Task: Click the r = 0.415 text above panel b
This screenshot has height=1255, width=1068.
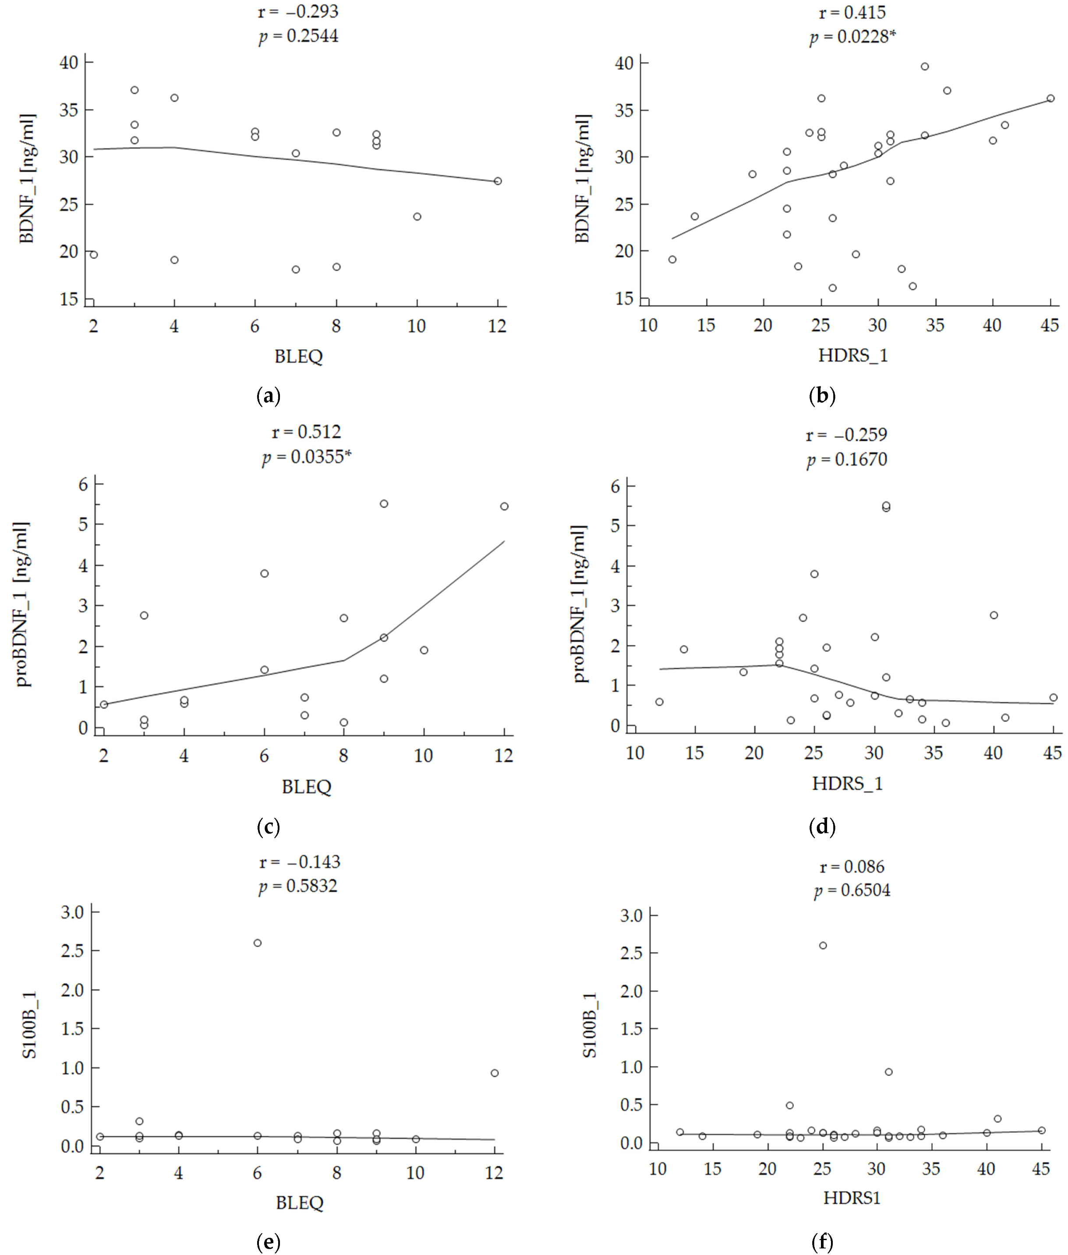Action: tap(852, 12)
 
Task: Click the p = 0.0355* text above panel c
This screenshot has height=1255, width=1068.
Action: tap(306, 457)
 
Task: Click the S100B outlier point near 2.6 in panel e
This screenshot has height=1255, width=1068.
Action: tap(257, 943)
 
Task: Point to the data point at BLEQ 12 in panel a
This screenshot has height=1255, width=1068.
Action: tap(498, 181)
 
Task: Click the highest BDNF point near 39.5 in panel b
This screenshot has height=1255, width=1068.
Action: tap(924, 67)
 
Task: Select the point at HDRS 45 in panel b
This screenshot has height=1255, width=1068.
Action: tap(1050, 98)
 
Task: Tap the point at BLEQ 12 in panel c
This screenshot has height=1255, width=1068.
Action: tap(504, 507)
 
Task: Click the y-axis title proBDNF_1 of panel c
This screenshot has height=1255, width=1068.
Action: tap(23, 604)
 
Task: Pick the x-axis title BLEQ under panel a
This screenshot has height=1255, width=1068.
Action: tap(298, 356)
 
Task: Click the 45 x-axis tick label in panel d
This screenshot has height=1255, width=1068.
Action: tap(1053, 753)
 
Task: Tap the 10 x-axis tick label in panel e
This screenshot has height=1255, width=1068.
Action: tap(415, 1173)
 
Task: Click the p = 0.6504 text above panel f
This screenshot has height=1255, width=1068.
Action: tap(852, 891)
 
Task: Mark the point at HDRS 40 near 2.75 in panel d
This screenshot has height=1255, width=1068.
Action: tap(994, 615)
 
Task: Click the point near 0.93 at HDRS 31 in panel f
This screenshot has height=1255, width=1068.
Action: tap(889, 1071)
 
